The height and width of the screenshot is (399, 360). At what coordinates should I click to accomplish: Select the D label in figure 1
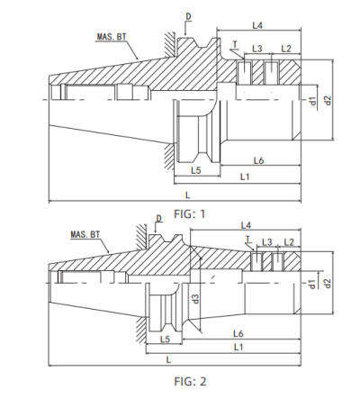point(187,16)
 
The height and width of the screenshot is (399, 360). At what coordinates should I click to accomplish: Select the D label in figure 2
point(161,216)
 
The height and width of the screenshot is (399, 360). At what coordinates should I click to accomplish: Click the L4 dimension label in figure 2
point(246,224)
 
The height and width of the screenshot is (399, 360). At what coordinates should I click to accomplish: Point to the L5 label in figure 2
point(165,339)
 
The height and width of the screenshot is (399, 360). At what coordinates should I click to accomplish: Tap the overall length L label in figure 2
point(170,359)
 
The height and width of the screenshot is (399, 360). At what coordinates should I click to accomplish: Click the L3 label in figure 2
point(265,243)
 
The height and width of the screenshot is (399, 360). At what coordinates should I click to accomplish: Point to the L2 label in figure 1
point(285,47)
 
